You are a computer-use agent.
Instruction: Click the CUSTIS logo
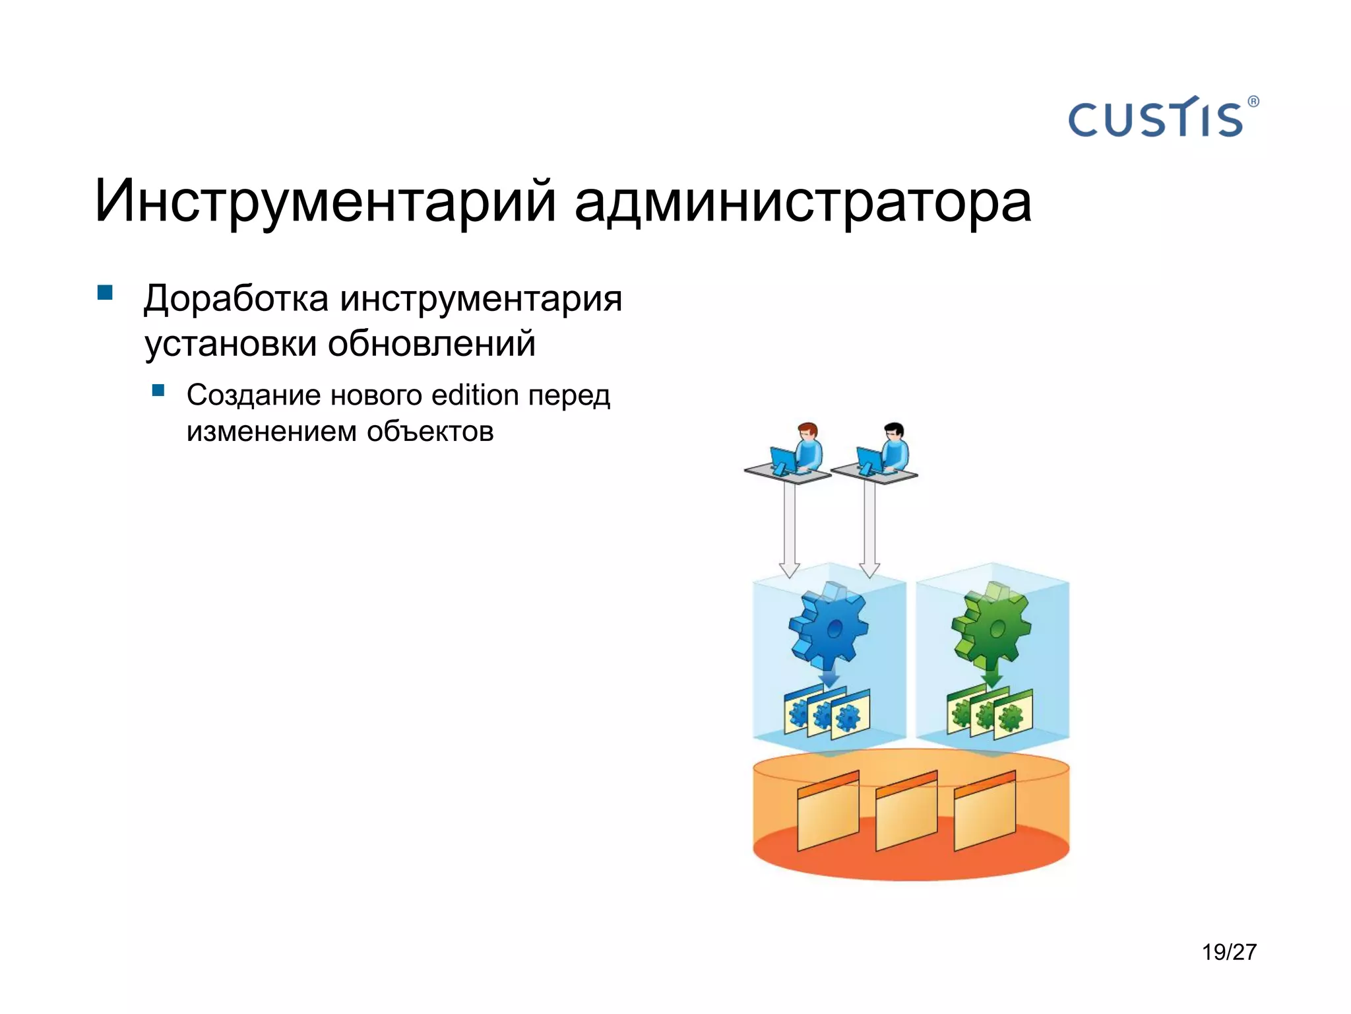click(x=1155, y=119)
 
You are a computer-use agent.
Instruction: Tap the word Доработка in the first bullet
click(x=236, y=298)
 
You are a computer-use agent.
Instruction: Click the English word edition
click(x=475, y=395)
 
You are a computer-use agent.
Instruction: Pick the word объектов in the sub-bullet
click(x=430, y=432)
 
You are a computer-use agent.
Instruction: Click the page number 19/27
click(x=1228, y=952)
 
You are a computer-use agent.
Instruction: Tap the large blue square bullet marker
click(x=105, y=292)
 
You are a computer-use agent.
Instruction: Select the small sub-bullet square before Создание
click(x=158, y=390)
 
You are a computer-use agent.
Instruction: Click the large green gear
click(x=990, y=625)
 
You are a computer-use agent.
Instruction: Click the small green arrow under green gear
click(x=990, y=677)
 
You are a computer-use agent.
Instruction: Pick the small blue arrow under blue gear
click(x=829, y=677)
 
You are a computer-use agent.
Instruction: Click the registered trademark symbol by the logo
click(x=1253, y=102)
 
